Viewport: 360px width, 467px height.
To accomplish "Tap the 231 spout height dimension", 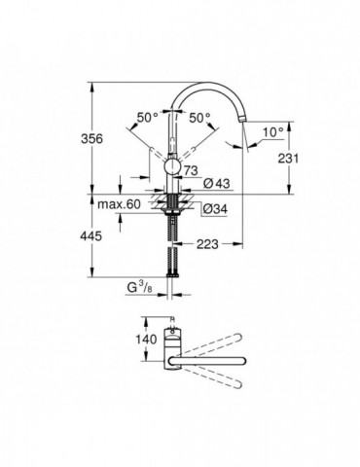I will click(x=282, y=158).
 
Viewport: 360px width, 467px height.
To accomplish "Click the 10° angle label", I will click(x=272, y=128).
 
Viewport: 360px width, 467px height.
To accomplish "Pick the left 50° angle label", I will click(x=147, y=118).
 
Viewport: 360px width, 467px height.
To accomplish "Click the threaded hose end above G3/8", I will click(x=173, y=263).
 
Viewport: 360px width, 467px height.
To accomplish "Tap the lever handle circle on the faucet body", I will click(x=173, y=168).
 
